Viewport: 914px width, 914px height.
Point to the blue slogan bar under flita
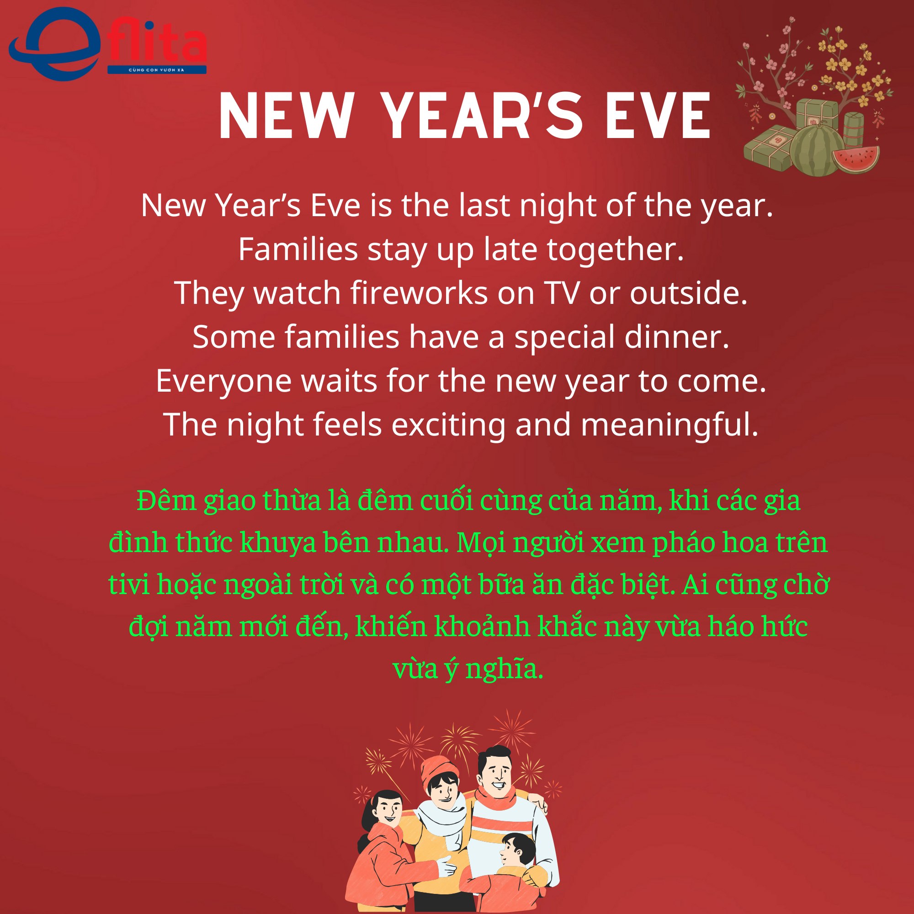pyautogui.click(x=157, y=70)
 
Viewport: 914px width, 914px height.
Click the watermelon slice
pyautogui.click(x=856, y=159)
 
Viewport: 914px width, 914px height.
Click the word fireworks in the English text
pyautogui.click(x=419, y=293)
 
